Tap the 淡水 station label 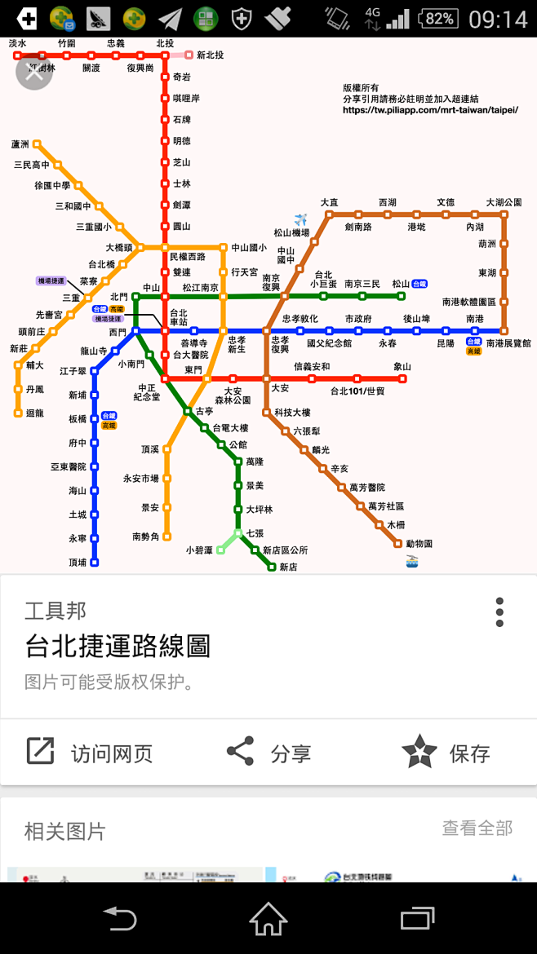coord(17,43)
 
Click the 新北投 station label coord(210,55)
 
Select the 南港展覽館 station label coord(508,343)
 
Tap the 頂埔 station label coord(78,562)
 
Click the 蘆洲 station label coord(20,144)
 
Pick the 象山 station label coord(402,367)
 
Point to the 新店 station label coord(288,567)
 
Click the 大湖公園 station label coord(504,202)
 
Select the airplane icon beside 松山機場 coord(302,219)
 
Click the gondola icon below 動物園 coord(412,561)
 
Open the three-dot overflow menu coord(499,612)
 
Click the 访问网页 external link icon coord(40,751)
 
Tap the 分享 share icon coord(240,751)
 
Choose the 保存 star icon coord(419,751)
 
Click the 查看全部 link coord(477,828)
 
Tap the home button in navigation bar coord(268,918)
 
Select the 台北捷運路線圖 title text coord(118,647)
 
